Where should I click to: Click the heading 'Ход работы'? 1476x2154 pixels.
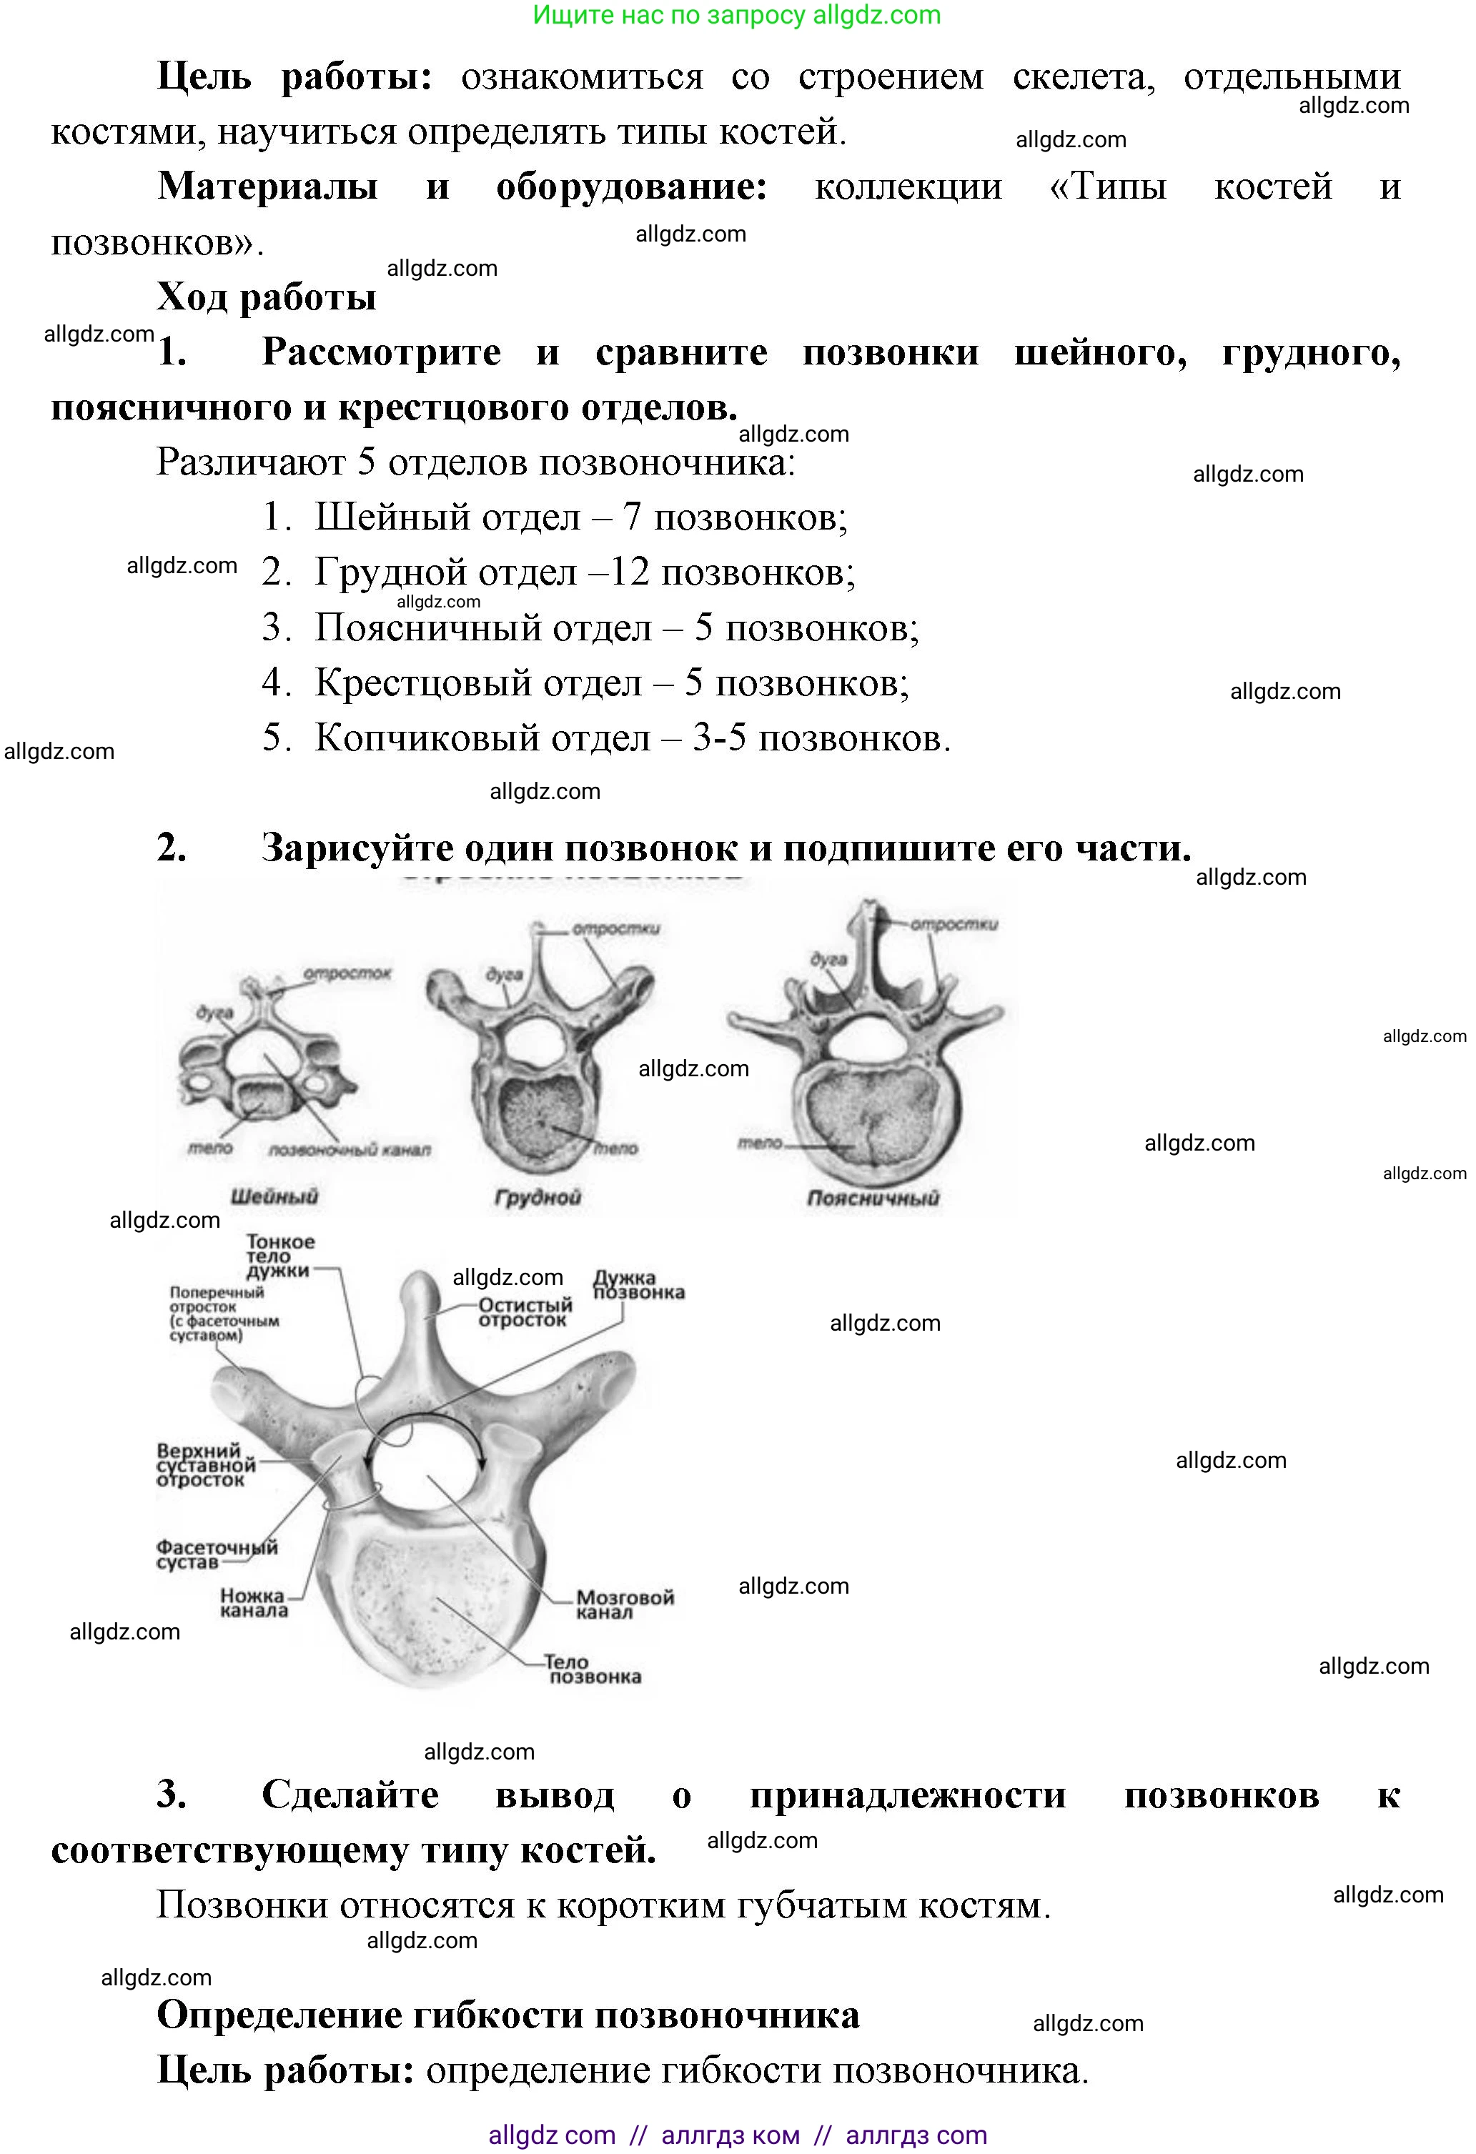[x=266, y=297]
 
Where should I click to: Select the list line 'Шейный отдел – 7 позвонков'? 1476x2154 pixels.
[x=580, y=517]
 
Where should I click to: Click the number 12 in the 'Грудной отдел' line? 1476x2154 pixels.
[x=630, y=572]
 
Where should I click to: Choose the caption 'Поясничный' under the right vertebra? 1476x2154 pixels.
[x=873, y=1198]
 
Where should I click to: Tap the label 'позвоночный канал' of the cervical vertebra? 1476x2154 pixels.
[x=350, y=1150]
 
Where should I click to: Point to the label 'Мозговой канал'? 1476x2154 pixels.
[x=625, y=1604]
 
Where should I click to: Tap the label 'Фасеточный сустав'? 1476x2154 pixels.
[x=215, y=1554]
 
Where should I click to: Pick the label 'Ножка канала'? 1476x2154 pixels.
[x=253, y=1602]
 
